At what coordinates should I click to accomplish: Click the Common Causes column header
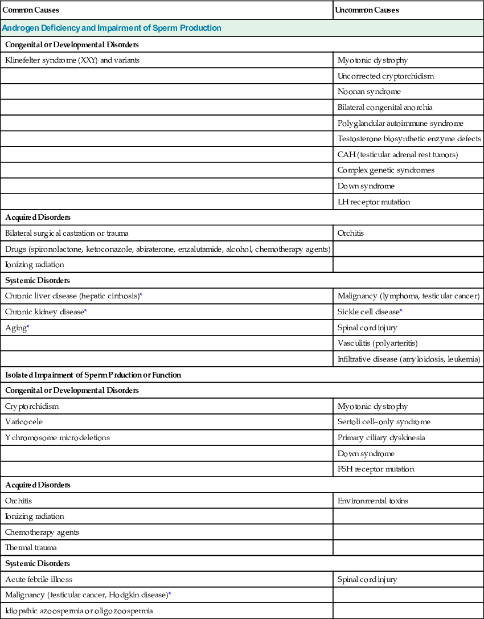tap(31, 10)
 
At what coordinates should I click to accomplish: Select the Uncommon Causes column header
tap(367, 10)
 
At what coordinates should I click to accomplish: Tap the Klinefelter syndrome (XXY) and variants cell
tap(72, 60)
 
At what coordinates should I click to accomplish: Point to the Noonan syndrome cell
tap(369, 91)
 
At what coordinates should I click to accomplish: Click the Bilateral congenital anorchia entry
tap(380, 107)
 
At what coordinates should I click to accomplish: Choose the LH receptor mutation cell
tap(374, 202)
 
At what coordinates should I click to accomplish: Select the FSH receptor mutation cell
tap(376, 469)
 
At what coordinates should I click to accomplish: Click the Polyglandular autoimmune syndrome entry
tap(400, 123)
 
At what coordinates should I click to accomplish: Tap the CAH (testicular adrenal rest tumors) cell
tap(397, 154)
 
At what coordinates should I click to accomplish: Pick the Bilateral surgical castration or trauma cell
tap(67, 233)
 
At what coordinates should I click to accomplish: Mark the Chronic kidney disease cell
tap(44, 311)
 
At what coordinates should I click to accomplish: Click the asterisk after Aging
tap(28, 327)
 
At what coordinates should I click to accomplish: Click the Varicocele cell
tap(24, 422)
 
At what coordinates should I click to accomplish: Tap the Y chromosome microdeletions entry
tap(58, 437)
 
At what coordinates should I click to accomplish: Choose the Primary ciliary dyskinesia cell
tap(381, 437)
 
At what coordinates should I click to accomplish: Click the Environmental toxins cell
tap(372, 501)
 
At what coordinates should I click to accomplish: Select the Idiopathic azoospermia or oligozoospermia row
tap(79, 610)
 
